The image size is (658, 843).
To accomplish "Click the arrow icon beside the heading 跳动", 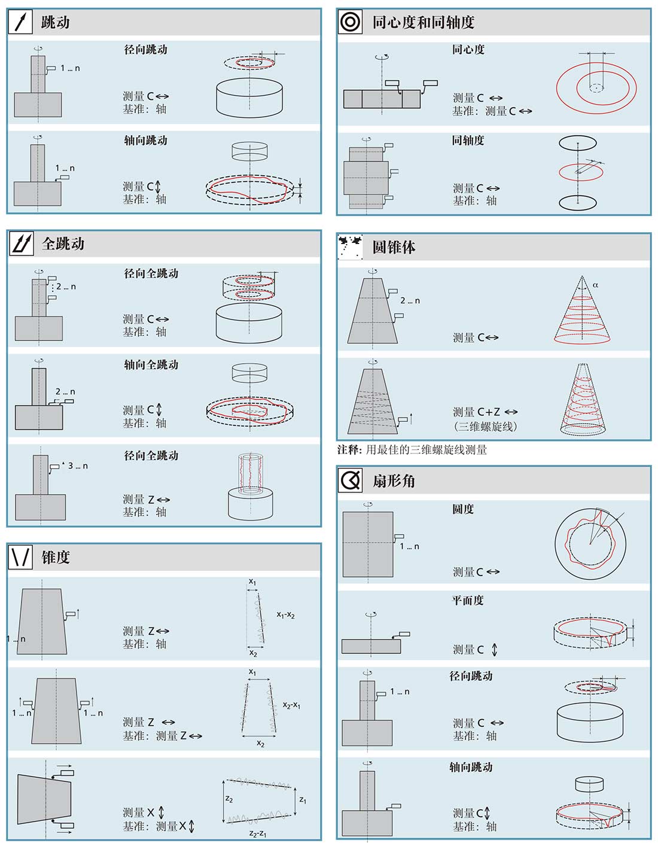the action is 20,22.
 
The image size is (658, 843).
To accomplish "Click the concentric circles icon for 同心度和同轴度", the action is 350,22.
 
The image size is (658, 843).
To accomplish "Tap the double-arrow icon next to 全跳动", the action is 21,244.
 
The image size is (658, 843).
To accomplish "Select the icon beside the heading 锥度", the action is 20,557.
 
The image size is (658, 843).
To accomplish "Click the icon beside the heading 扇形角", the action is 351,480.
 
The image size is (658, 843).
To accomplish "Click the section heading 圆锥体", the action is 394,246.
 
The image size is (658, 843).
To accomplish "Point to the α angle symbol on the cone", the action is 595,285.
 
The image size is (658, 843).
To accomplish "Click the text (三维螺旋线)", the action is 486,427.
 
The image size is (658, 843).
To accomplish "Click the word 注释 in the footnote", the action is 348,450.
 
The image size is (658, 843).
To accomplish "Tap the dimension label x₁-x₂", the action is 285,614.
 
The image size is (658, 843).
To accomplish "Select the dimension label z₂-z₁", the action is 258,833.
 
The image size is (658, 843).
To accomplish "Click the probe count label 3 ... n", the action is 78,465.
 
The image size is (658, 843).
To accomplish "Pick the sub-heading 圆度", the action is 463,509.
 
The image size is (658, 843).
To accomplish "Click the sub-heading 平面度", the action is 468,601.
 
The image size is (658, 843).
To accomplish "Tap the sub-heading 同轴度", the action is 468,140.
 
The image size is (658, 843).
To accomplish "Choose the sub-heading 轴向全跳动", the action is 151,365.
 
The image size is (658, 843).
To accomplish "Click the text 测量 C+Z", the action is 477,412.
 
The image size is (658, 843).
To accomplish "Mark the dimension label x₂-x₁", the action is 291,705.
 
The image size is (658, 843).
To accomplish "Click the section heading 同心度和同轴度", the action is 424,22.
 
